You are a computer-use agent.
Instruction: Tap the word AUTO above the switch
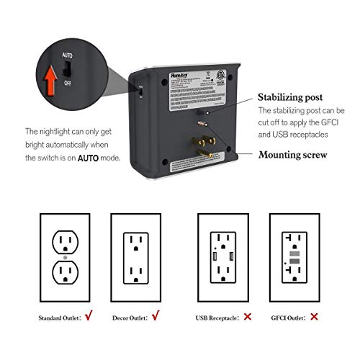[66, 54]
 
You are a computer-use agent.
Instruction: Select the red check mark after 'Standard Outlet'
[86, 315]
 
